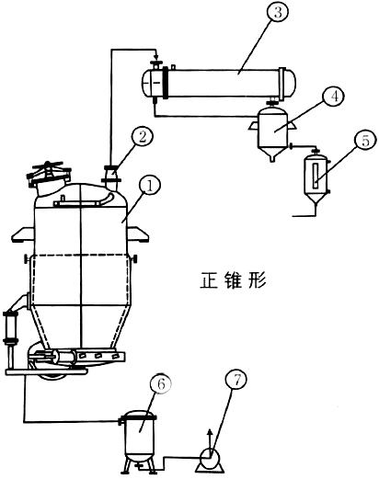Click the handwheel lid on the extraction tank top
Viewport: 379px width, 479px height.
pyautogui.click(x=50, y=174)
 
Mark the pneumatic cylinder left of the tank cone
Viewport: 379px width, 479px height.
pyautogui.click(x=12, y=327)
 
